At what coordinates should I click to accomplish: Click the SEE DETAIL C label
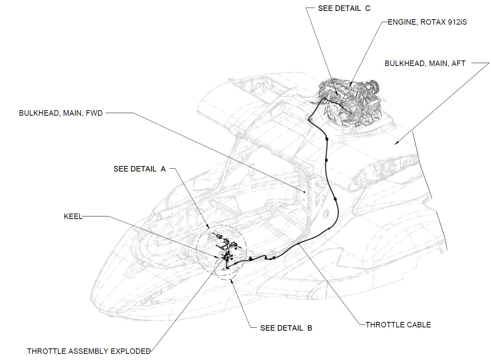coord(344,8)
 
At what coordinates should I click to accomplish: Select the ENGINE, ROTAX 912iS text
coord(427,22)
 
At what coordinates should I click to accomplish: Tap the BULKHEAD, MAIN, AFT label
coord(425,63)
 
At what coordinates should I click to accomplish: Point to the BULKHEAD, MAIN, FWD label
coord(61,113)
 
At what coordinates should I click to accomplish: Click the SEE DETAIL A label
coord(139,169)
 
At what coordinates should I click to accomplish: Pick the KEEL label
coord(73,216)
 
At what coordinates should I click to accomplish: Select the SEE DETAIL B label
coord(286,328)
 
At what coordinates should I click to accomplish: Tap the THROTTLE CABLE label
coord(398,325)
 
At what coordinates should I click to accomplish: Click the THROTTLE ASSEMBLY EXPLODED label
coord(89,351)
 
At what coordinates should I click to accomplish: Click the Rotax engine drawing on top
coord(350,103)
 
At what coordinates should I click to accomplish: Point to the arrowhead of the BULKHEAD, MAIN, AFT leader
coord(397,143)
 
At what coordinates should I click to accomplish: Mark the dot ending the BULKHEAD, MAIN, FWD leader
coord(305,191)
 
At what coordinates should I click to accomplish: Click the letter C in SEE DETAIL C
coord(368,8)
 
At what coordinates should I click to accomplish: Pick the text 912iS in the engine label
coord(457,22)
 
